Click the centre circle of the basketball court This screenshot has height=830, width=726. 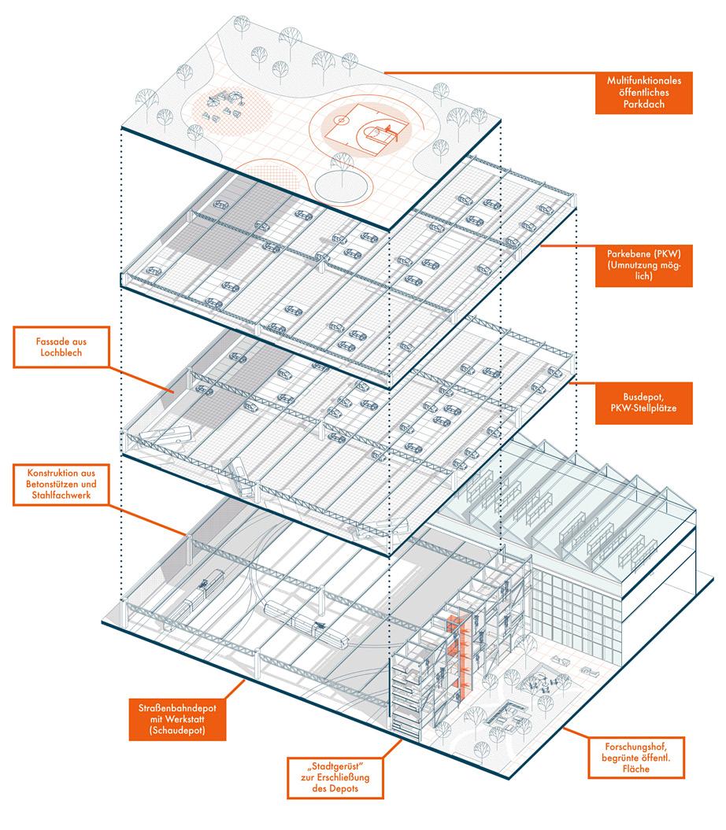coord(340,120)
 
